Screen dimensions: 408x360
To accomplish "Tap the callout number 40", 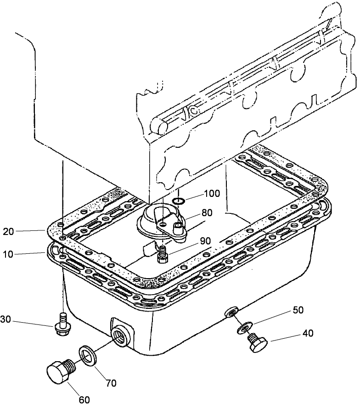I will click(x=308, y=334).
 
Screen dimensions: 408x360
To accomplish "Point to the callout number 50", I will click(x=298, y=310).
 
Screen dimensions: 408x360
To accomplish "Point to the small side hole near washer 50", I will click(x=229, y=313).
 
